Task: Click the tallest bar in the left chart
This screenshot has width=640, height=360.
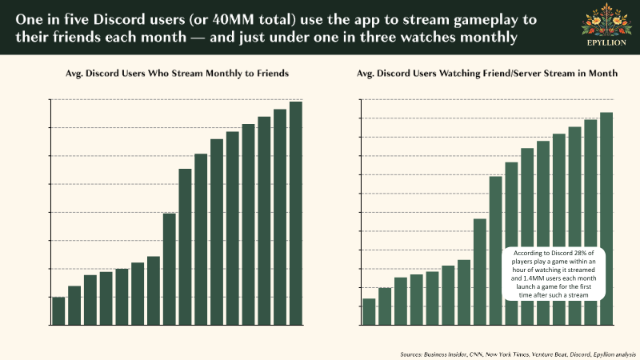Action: point(296,214)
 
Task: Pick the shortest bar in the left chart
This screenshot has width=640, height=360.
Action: point(58,311)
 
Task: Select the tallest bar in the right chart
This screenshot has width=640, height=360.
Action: point(606,219)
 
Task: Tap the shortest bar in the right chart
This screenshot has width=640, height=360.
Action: point(369,312)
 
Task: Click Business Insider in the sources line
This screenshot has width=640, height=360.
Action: point(450,353)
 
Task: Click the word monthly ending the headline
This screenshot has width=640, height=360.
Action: point(487,36)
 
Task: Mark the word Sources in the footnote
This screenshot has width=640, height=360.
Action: point(411,353)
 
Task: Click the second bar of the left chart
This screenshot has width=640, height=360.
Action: point(74,306)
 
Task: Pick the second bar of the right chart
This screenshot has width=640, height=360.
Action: point(385,306)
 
